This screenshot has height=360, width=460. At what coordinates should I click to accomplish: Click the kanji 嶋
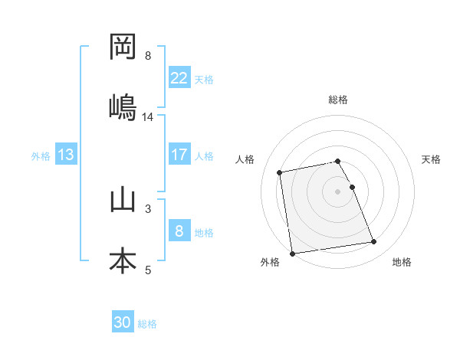pos(123,107)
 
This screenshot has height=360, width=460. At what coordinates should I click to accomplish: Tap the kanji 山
pos(123,200)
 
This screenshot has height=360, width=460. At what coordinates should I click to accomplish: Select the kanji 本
pos(123,260)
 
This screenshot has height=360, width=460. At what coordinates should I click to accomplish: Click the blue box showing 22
pos(179,78)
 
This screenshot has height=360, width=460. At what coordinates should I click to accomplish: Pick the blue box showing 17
pos(179,155)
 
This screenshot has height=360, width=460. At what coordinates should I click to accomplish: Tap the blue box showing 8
pos(179,231)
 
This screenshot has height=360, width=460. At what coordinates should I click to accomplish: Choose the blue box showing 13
pos(66,155)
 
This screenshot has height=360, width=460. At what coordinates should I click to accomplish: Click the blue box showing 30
pos(123,322)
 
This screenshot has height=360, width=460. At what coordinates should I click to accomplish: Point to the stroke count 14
pos(148,117)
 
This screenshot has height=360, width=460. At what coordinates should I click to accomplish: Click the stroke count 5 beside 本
pos(148,270)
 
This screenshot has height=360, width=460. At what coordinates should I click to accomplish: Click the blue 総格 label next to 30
pos(147,324)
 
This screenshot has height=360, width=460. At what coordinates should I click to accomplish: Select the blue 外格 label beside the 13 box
pos(41,156)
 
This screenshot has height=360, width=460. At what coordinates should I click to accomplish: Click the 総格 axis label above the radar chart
pos(337,100)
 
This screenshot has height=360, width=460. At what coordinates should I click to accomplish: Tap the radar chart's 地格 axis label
pos(402,263)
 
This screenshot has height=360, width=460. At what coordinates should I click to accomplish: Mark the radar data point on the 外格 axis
pos(292,253)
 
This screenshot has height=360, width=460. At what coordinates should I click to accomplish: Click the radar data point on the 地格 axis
pos(373,242)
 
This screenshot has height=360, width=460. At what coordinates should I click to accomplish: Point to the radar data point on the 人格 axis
pos(280,172)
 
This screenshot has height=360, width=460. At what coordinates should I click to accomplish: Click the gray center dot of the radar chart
pos(337,191)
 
